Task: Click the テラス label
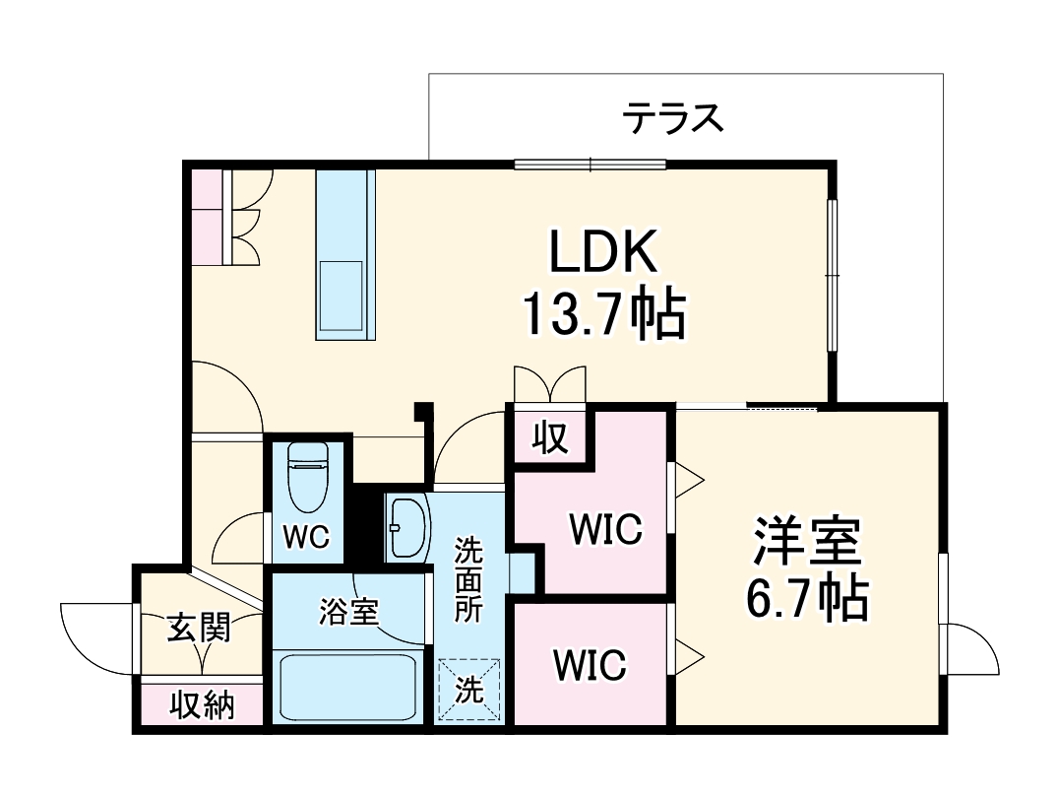(672, 118)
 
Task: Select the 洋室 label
(807, 538)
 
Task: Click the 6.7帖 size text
(807, 597)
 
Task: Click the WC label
(308, 537)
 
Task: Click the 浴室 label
(348, 613)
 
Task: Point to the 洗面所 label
(468, 579)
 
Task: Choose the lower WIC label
(589, 665)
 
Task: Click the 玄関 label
(198, 627)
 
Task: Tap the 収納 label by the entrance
(202, 705)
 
